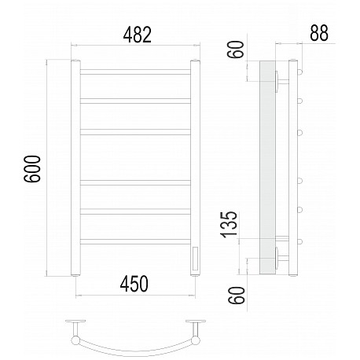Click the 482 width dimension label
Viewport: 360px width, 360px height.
[138, 35]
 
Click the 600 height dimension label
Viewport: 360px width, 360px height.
[32, 169]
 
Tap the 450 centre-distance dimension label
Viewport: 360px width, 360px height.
[134, 284]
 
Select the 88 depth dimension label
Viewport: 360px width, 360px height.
[319, 33]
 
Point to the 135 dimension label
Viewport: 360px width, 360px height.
[229, 224]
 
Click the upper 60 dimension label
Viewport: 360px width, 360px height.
[236, 50]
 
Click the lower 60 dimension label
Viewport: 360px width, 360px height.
[236, 296]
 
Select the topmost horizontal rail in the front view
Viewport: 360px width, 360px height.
[135, 72]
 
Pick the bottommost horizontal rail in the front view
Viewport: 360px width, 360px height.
[135, 241]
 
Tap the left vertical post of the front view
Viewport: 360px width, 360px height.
[75, 168]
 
